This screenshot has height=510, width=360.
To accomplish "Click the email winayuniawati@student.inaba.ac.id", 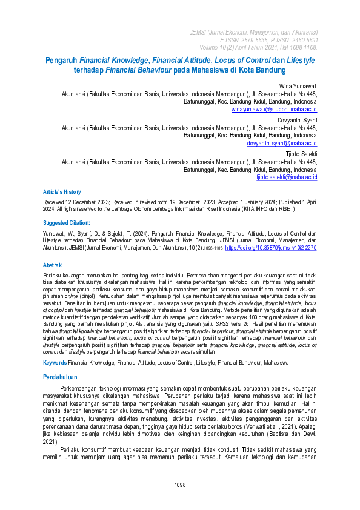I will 274,110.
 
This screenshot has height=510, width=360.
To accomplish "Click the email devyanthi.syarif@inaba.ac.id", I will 282,144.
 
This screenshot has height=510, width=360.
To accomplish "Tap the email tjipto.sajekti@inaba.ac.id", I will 286,177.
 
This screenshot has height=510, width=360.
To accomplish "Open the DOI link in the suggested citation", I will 271,248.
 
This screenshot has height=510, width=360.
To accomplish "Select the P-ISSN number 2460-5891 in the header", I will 301,39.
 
